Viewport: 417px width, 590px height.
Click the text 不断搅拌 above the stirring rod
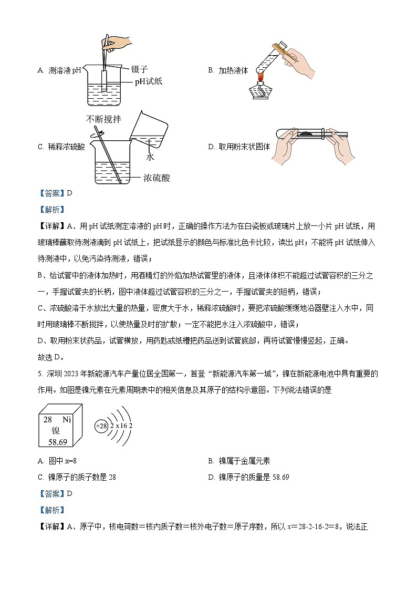104,120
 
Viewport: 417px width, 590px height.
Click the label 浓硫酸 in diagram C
157,178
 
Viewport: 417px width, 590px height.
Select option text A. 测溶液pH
60,70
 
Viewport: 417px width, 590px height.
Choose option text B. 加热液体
228,70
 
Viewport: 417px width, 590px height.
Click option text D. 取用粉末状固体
239,147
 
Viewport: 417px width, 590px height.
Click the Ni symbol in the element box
67,419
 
